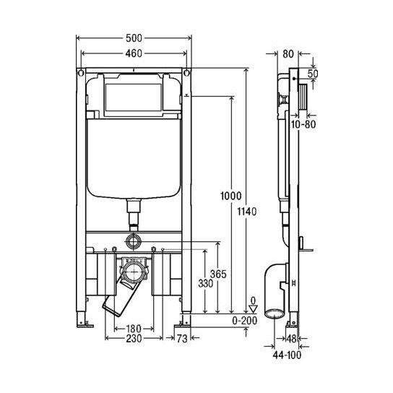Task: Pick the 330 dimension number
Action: [206, 285]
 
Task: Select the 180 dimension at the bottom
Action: [130, 331]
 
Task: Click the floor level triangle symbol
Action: [252, 308]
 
